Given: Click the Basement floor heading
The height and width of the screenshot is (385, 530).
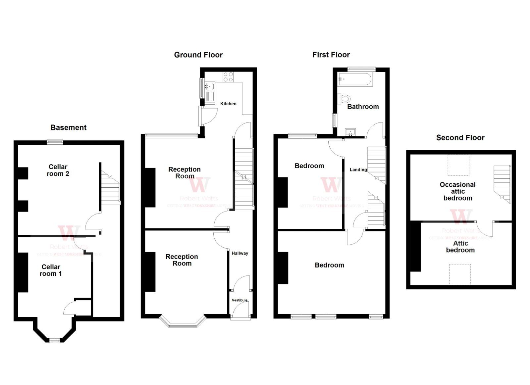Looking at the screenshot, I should pos(68,127).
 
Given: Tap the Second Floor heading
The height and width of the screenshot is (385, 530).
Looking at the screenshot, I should pos(460,138).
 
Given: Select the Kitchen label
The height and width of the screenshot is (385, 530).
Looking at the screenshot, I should pos(228,104).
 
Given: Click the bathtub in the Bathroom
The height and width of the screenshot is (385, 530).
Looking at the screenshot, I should pos(355,79).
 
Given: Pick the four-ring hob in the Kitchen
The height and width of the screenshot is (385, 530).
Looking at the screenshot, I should pos(228,77).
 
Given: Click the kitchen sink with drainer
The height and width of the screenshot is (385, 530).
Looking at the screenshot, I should pos(209,91).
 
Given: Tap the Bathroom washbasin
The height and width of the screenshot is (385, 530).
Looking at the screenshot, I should pos(350,132).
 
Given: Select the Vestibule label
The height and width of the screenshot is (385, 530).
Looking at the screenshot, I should pos(239,300).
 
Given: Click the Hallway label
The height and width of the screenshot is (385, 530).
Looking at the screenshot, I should pos(240,253).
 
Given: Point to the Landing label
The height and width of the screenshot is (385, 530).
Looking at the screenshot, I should pos(358,169).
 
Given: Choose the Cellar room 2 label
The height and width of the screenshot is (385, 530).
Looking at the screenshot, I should pos(58,170).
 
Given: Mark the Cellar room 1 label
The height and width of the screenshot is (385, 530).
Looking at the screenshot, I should pos(51,270).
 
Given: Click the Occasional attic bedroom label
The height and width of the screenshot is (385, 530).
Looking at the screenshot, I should pos(457,191).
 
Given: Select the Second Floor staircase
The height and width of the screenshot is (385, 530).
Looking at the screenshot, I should pos(502,184).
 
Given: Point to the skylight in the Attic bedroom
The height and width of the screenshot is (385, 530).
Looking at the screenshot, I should pos(460,274).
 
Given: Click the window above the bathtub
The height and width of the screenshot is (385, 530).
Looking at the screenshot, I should pos(361,69).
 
